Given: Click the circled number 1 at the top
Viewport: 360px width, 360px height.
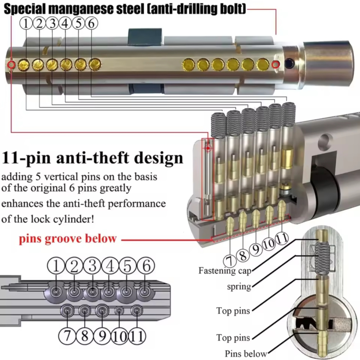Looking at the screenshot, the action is point(26,23).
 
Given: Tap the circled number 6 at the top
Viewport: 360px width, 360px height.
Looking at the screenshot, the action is point(91,23).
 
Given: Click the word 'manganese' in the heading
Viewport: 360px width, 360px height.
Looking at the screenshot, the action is point(82,9).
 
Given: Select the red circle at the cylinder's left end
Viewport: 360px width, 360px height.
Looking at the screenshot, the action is point(11,65).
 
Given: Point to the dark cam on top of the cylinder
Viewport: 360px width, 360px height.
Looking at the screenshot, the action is point(145,37).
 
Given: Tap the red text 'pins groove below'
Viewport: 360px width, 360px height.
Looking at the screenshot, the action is point(68,239).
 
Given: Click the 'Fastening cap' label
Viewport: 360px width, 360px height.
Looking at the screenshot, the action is point(225,271).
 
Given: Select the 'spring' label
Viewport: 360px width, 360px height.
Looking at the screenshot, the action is point(239,287).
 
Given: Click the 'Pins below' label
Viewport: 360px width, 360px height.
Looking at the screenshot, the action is point(246,353).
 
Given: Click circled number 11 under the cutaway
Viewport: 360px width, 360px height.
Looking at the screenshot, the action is point(282,238).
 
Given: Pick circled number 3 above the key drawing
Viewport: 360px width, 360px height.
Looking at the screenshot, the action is point(92,265).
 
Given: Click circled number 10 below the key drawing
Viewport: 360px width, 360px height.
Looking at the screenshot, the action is point(119,336).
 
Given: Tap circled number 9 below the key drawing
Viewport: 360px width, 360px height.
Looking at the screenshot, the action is point(102,336).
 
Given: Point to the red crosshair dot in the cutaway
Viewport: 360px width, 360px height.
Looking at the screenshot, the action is point(208,148).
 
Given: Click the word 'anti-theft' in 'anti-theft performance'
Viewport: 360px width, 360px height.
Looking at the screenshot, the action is point(85,203).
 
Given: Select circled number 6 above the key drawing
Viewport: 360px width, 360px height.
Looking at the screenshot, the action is point(146,265).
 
